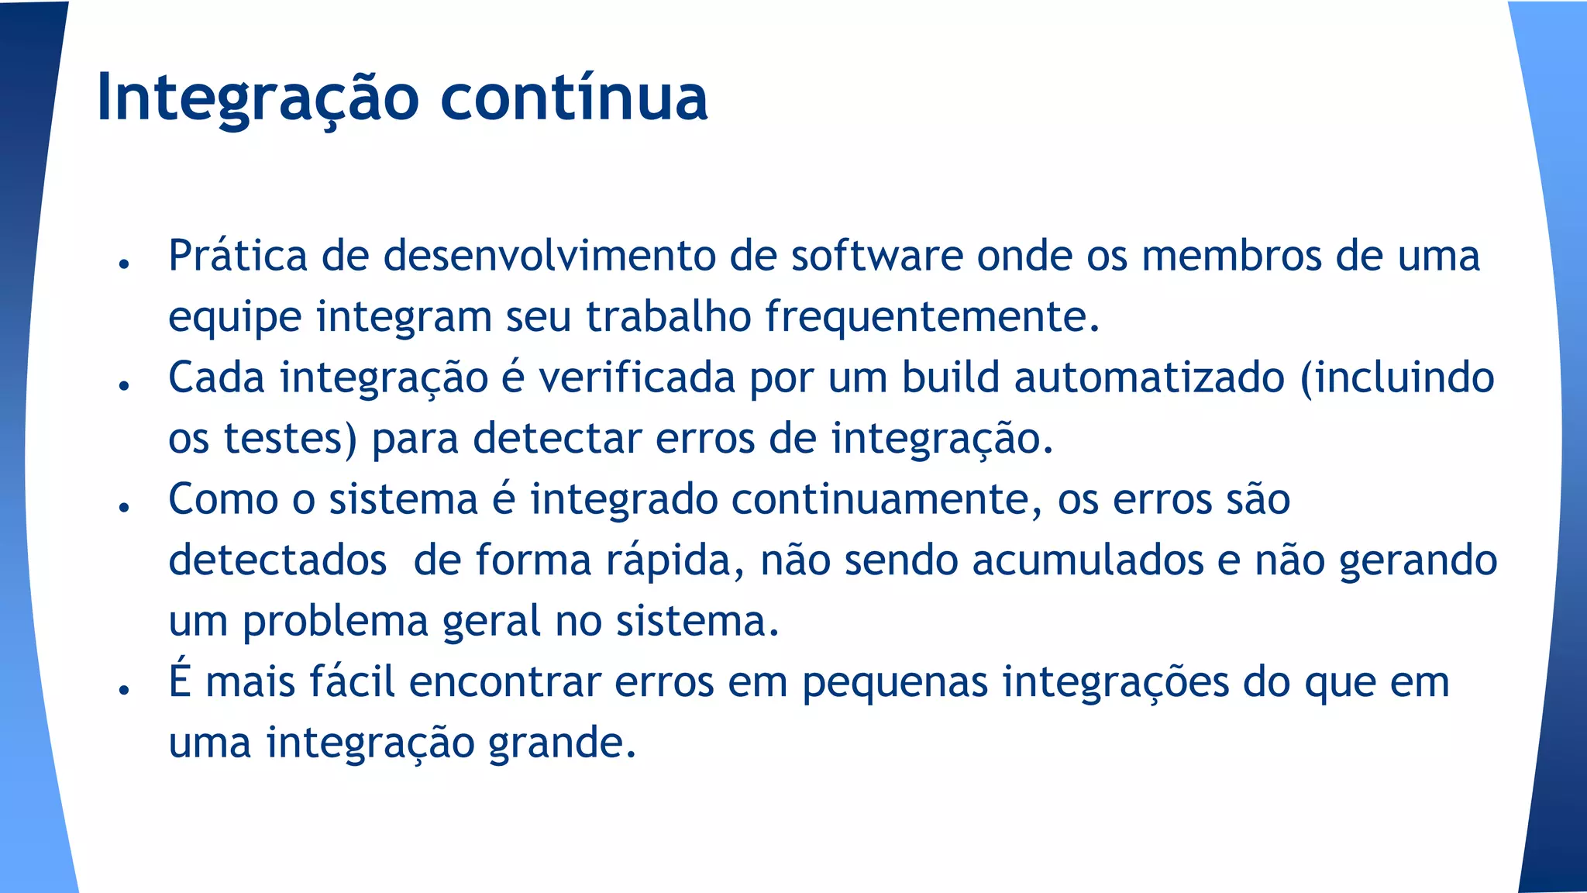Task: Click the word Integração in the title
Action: [257, 98]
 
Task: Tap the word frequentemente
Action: [932, 316]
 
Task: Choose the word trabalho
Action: [668, 316]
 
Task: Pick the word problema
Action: [336, 621]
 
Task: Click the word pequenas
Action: [895, 682]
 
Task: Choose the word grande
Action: [562, 743]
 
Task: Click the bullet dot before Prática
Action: [123, 264]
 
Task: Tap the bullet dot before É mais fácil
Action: [123, 690]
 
